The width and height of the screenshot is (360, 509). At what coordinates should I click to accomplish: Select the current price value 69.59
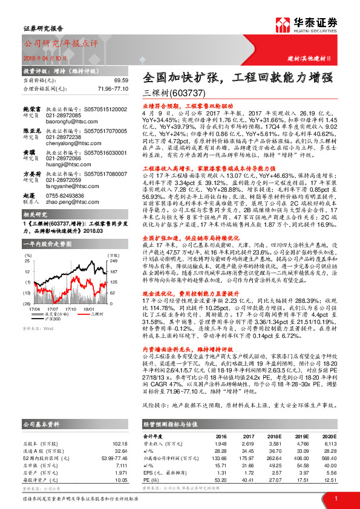pyautogui.click(x=121, y=80)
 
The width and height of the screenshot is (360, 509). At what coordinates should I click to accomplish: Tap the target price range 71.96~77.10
pyautogui.click(x=112, y=88)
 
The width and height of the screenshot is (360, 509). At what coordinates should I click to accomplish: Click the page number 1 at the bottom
pyautogui.click(x=336, y=498)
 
